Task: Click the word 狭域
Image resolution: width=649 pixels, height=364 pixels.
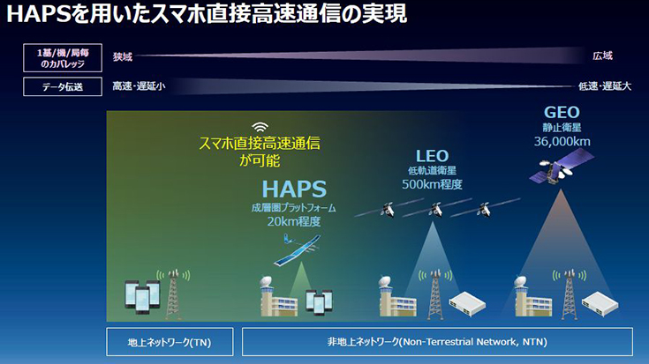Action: (123, 56)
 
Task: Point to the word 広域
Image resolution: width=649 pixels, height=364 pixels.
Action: (603, 56)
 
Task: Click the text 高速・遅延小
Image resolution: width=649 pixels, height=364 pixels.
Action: (139, 86)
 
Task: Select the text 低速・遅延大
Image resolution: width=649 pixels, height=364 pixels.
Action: (604, 86)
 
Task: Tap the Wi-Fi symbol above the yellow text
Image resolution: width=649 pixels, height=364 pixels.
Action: (260, 126)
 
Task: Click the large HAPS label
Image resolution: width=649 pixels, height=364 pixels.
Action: (294, 189)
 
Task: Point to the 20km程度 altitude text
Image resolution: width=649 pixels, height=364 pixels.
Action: (294, 222)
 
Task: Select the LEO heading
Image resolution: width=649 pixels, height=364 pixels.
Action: (433, 156)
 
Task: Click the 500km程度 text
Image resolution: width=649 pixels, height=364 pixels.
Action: (433, 185)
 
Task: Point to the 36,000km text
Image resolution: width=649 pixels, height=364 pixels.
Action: (562, 141)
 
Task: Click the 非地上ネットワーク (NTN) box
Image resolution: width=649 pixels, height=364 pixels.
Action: (437, 341)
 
